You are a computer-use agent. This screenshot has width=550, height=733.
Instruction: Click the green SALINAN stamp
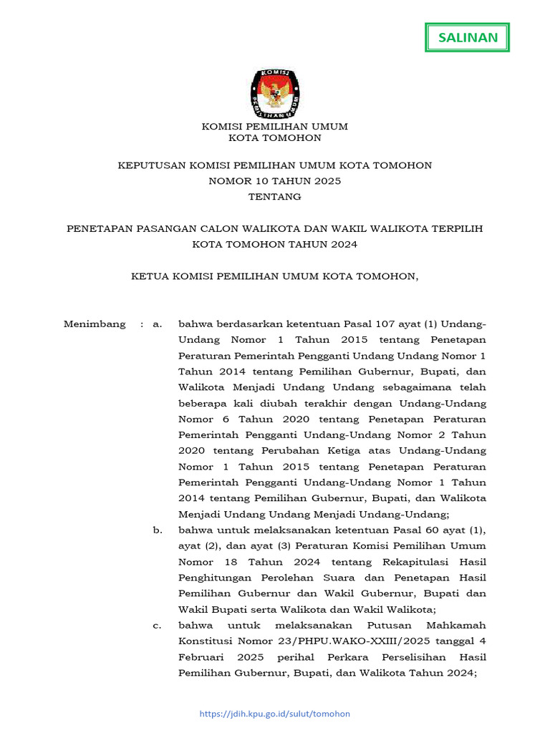pyautogui.click(x=468, y=38)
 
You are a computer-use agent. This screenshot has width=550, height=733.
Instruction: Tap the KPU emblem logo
pyautogui.click(x=275, y=93)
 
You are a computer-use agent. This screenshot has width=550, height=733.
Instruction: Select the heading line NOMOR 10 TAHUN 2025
pyautogui.click(x=275, y=181)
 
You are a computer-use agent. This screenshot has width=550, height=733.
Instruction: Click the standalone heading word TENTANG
pyautogui.click(x=275, y=196)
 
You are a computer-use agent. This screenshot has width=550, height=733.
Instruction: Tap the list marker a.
pyautogui.click(x=158, y=324)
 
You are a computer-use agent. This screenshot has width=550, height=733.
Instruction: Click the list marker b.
pyautogui.click(x=158, y=530)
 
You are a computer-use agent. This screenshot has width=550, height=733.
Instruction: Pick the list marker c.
pyautogui.click(x=158, y=626)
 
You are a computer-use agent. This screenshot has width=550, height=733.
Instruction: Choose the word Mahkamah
pyautogui.click(x=455, y=626)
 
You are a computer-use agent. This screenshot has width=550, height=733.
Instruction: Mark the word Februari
pyautogui.click(x=201, y=657)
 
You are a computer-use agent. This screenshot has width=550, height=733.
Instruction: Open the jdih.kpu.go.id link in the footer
pyautogui.click(x=275, y=714)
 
